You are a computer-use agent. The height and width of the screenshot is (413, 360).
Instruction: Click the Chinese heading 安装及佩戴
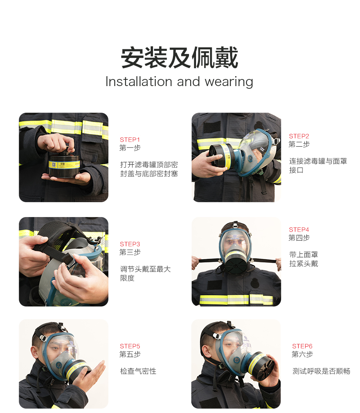point(180,57)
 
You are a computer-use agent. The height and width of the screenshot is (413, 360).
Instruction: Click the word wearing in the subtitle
point(229,82)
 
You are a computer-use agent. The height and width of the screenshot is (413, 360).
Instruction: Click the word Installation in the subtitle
point(139,81)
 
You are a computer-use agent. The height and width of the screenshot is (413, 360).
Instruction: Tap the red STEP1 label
point(130,140)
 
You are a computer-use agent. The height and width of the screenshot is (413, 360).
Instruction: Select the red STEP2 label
point(299,136)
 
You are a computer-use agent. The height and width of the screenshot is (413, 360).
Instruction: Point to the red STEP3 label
point(130,244)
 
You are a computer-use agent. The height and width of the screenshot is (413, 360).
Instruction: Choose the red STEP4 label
point(299,230)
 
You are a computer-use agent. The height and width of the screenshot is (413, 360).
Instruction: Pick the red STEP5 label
point(130,347)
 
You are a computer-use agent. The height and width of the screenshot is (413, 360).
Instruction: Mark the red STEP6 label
point(302,347)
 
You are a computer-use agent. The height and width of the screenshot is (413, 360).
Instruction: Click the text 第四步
point(299,238)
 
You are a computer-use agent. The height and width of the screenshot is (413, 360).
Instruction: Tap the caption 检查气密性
point(138,371)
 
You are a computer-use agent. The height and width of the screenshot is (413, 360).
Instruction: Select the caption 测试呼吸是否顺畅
point(321,371)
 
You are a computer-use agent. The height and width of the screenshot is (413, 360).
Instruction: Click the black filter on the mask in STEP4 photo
point(235,264)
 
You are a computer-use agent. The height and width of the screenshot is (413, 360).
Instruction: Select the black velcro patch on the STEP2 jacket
point(212,127)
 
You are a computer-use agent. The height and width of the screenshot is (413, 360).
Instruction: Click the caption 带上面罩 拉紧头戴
point(304,259)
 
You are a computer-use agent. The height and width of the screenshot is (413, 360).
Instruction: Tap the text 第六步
point(302,354)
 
